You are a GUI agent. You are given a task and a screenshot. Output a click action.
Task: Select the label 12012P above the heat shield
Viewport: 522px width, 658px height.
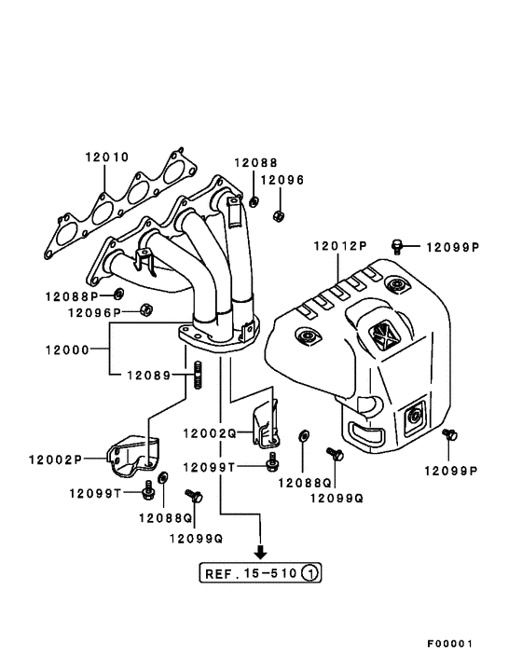click(x=340, y=246)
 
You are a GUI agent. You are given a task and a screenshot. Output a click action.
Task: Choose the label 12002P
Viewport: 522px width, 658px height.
click(x=55, y=459)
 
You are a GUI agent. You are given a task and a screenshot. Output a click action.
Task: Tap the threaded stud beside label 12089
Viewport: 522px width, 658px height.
click(x=198, y=380)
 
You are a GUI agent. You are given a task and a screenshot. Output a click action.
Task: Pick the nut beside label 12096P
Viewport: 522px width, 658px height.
click(x=145, y=309)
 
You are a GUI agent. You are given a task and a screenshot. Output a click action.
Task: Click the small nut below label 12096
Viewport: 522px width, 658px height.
click(x=278, y=217)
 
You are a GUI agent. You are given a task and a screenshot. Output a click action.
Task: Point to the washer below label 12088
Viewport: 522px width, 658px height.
click(x=254, y=200)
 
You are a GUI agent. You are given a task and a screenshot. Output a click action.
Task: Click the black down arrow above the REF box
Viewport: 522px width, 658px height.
click(x=260, y=553)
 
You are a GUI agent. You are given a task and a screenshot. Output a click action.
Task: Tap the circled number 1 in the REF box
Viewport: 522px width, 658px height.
click(x=311, y=573)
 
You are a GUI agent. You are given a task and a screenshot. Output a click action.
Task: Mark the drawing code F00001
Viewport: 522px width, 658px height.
click(x=451, y=644)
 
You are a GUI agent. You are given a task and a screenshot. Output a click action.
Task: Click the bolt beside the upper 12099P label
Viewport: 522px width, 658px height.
click(x=398, y=246)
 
